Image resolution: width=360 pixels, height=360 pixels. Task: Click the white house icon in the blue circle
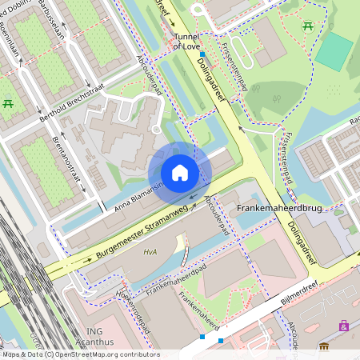coord(180,173)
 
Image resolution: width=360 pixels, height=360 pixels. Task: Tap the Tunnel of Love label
coord(186,41)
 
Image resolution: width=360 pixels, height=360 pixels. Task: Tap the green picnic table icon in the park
coord(307,28)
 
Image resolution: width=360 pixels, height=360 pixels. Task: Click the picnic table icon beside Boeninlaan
coord(9,103)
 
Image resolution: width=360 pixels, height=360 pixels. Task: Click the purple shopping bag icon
coord(343,326)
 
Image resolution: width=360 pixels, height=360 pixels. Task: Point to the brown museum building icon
coord(324,346)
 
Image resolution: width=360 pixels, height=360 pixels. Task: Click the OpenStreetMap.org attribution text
coord(112,354)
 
